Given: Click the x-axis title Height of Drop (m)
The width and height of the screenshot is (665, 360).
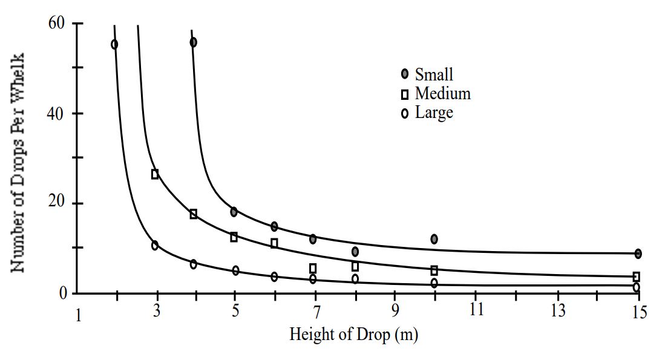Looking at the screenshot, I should (x=354, y=334).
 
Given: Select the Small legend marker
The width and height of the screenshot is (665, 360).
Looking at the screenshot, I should (x=405, y=74).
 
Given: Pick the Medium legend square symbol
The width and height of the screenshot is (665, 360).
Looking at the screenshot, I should (x=405, y=94).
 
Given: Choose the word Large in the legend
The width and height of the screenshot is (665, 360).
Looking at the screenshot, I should (x=434, y=113).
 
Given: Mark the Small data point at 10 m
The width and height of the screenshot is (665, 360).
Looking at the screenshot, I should (x=434, y=239).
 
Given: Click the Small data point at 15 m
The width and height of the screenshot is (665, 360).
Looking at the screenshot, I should (x=638, y=254).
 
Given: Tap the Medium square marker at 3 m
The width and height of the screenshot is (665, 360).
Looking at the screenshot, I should (x=155, y=174).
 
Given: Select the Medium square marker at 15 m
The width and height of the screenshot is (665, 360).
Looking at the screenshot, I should (x=636, y=277).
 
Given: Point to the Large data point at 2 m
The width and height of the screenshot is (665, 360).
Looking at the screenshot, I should (x=114, y=44).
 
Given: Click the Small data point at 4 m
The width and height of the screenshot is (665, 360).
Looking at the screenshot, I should (x=193, y=42).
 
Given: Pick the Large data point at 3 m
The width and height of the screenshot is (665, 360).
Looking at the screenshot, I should (x=155, y=245).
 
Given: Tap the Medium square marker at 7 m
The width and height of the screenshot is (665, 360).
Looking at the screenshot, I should (x=313, y=268).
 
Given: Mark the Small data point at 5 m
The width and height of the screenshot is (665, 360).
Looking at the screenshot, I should (x=234, y=212).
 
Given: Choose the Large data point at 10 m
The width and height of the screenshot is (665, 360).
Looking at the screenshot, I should (x=434, y=283).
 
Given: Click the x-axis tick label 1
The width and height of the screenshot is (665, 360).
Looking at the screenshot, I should (x=78, y=315).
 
